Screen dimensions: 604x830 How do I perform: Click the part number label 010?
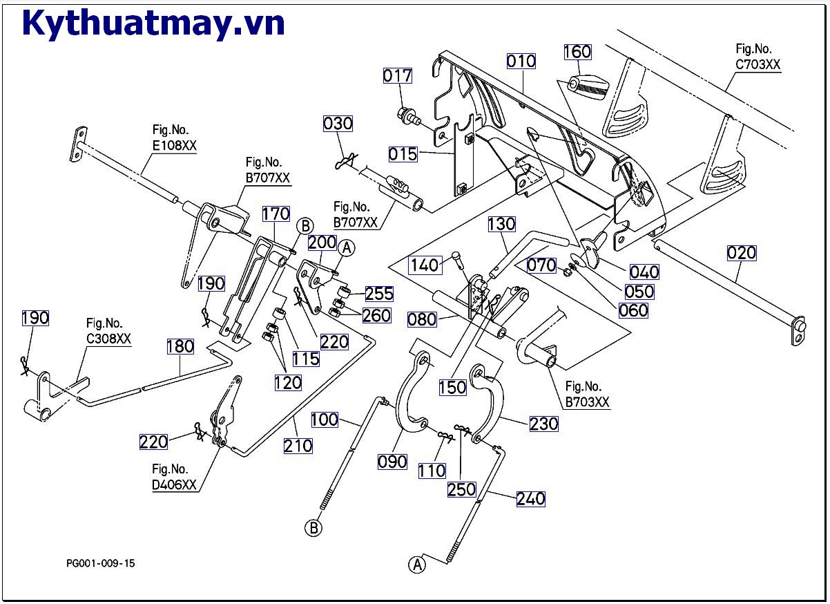[521, 61]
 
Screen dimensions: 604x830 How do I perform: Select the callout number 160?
[577, 52]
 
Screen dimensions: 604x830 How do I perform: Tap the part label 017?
[398, 75]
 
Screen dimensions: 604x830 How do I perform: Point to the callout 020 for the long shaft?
[741, 253]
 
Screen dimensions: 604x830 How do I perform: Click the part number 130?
[502, 224]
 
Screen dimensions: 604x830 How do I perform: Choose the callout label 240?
[530, 498]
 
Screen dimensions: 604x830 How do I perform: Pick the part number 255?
[379, 294]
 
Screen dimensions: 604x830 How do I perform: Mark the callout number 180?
[180, 346]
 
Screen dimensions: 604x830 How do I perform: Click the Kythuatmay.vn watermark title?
[153, 24]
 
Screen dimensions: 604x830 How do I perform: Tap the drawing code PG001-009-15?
[101, 563]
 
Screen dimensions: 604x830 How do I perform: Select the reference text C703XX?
[757, 64]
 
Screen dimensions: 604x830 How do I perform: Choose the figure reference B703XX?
[587, 402]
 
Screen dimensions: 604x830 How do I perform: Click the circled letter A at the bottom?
[417, 564]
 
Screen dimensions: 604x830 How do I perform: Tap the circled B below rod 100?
[313, 529]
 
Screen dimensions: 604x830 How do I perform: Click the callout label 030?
[338, 124]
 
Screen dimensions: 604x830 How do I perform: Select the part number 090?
[392, 462]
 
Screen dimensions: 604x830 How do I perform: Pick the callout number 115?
[305, 359]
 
